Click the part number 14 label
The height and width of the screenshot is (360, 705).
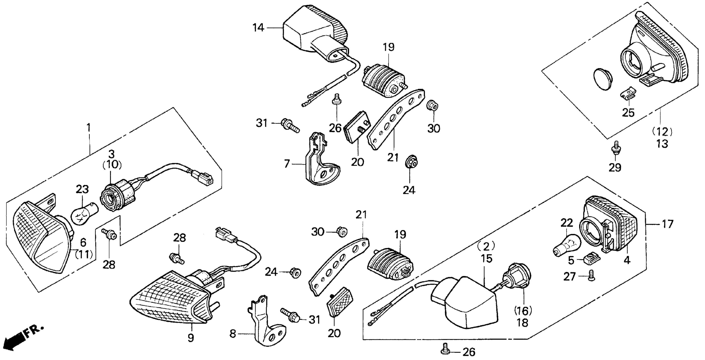[x=258, y=28]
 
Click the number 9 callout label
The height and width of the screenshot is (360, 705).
[x=191, y=338]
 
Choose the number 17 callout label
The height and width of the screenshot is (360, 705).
[x=668, y=224]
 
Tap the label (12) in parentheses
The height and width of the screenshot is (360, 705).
[x=662, y=132]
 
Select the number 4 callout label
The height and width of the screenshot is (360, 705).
[x=627, y=260]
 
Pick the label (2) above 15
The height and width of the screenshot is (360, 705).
[x=486, y=247]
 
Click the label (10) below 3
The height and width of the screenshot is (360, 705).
[x=112, y=165]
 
